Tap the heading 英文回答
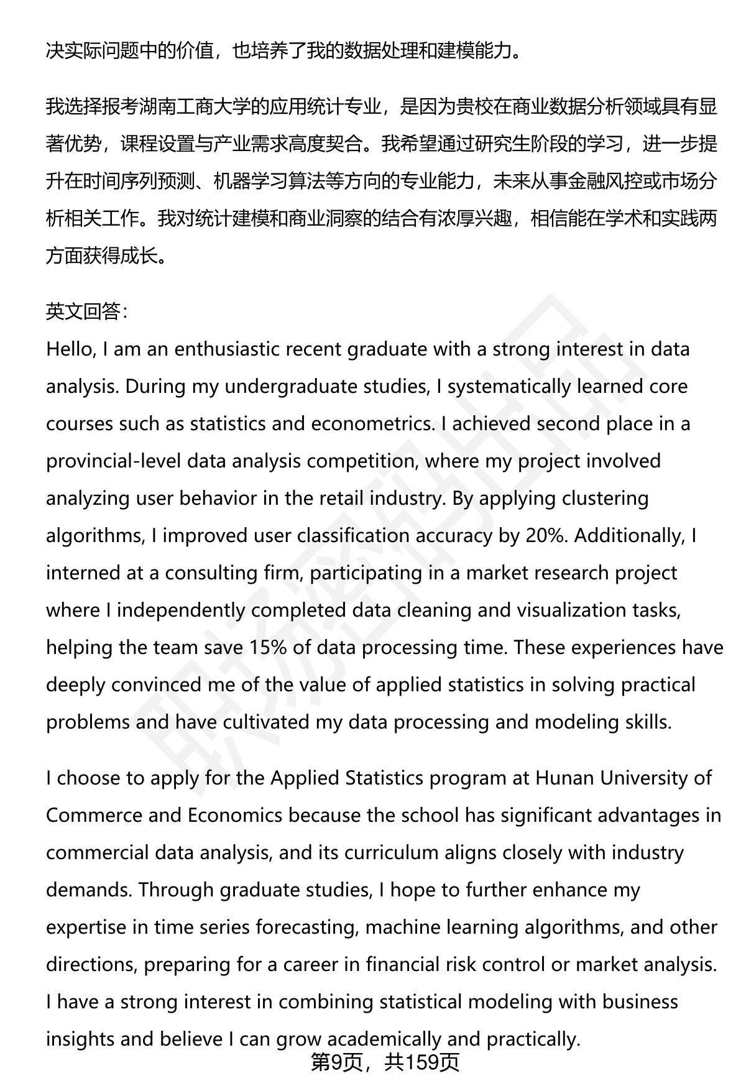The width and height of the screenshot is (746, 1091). coord(84,312)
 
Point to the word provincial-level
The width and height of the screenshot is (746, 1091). coord(113,461)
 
